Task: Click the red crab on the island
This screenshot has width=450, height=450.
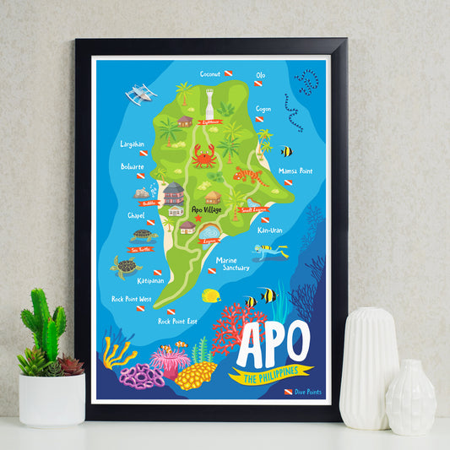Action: point(203,155)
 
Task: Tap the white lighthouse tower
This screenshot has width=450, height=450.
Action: point(209,101)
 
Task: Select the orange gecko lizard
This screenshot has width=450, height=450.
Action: point(249,176)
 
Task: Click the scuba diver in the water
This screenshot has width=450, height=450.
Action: point(269,250)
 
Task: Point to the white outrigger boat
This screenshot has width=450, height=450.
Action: point(141,92)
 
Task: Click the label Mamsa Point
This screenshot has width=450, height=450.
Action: point(295,171)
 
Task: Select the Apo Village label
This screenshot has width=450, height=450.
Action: point(208,209)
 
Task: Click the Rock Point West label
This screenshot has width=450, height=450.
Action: point(132,299)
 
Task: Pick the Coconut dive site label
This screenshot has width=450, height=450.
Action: point(210,73)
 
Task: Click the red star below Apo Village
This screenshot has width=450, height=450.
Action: point(198,219)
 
